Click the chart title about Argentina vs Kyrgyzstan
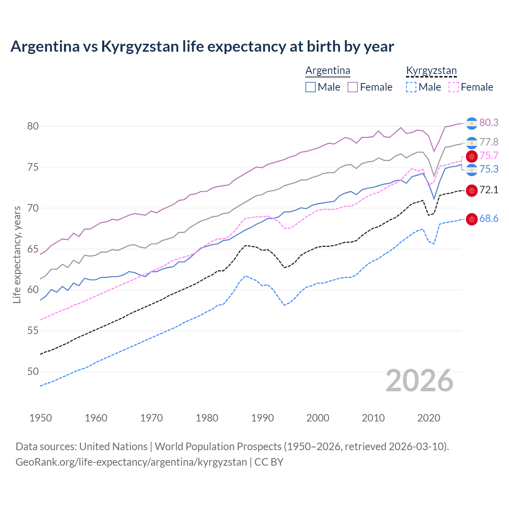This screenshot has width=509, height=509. pos(202,47)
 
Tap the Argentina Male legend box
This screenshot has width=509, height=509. pos(311,87)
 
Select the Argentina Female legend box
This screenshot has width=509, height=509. pos(353,87)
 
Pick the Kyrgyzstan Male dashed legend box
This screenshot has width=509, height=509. pos(411,87)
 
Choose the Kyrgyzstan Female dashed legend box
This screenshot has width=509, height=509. pos(453,87)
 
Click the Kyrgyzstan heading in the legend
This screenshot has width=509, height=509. pos(431,71)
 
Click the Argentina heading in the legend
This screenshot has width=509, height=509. pos(328,71)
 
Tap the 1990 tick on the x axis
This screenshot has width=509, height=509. pos(262,418)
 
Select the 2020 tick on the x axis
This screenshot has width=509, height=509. pos(429,418)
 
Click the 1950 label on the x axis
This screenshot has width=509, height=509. pos(41,418)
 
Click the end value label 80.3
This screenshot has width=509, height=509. pos(489,123)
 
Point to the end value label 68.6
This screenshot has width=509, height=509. pos(489,219)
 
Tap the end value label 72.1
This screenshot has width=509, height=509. pos(489,190)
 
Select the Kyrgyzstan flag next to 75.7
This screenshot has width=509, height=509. pos(472,156)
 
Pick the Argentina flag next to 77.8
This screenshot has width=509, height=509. pos(472,143)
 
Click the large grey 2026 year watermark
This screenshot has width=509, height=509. pos(420,381)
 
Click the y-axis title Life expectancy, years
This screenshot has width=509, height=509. pos(17,254)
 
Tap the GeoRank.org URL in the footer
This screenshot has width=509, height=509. pos(131,462)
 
